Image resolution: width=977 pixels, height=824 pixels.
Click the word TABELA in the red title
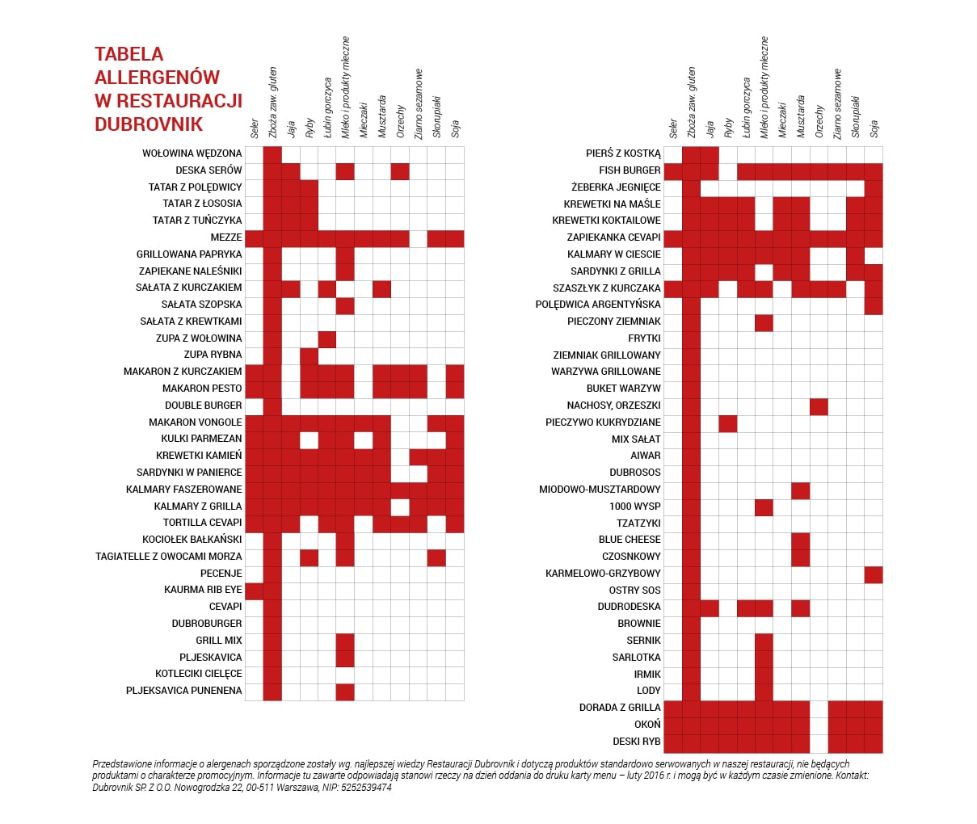(x=129, y=54)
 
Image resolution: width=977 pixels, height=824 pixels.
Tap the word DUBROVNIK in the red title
(x=149, y=124)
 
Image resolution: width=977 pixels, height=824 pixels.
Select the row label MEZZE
(x=226, y=238)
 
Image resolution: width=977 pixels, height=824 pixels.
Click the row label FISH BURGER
(x=630, y=170)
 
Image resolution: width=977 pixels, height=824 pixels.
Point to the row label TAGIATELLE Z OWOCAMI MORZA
(x=168, y=557)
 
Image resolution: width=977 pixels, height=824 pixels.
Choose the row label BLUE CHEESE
(x=630, y=540)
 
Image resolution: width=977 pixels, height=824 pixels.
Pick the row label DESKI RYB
(x=636, y=741)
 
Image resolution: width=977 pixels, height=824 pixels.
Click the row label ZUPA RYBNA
(x=213, y=355)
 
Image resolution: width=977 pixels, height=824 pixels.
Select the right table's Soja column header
(x=874, y=128)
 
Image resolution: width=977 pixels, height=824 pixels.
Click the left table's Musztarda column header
(x=382, y=116)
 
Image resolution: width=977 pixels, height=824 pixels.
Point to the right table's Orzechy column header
(x=819, y=122)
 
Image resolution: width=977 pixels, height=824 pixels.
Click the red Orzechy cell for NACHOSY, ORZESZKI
(x=819, y=406)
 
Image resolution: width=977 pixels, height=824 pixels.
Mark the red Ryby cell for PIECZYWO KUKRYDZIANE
(x=727, y=423)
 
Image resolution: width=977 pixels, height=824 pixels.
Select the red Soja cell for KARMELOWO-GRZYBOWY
(x=874, y=574)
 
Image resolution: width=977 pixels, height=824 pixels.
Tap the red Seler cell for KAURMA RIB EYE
(x=254, y=591)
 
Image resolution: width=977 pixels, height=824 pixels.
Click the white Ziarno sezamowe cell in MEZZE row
(x=419, y=238)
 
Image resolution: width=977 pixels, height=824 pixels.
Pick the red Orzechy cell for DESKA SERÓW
(x=400, y=171)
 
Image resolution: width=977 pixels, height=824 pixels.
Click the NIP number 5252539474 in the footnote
(x=366, y=788)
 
